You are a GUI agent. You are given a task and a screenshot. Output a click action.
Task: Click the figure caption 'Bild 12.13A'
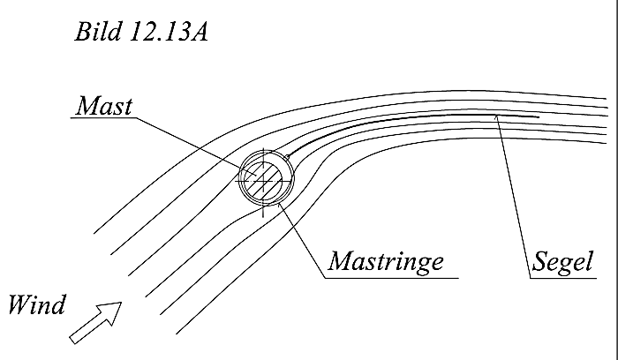(x=141, y=32)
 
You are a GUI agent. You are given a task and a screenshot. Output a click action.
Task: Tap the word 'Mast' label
(x=104, y=106)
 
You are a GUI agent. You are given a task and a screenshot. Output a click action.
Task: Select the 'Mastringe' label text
(x=387, y=261)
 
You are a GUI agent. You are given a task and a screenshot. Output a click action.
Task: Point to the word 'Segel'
(x=563, y=261)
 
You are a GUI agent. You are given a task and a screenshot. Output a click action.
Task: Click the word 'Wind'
(x=37, y=304)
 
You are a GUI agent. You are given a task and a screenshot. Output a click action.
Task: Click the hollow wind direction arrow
(x=95, y=323)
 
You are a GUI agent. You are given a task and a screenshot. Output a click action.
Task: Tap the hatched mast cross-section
(x=263, y=180)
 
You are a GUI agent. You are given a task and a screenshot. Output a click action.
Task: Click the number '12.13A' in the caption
(x=169, y=32)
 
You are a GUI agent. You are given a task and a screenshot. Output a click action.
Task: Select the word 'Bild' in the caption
(x=98, y=32)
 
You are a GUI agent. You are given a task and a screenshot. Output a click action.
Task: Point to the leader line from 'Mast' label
(x=196, y=146)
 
